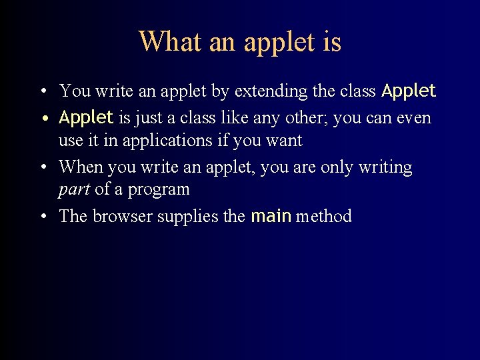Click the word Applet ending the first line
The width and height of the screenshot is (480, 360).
[x=408, y=91]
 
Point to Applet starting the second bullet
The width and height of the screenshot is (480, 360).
[x=86, y=118]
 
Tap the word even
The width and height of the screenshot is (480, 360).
[x=414, y=119]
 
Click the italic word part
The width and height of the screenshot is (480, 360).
[x=74, y=190]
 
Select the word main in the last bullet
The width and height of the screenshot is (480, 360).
[x=271, y=216]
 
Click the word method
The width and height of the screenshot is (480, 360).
[x=323, y=216]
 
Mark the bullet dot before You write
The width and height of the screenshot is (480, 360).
[x=43, y=91]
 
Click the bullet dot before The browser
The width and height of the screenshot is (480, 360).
[x=43, y=217]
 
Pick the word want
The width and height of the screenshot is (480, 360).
[x=284, y=141]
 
